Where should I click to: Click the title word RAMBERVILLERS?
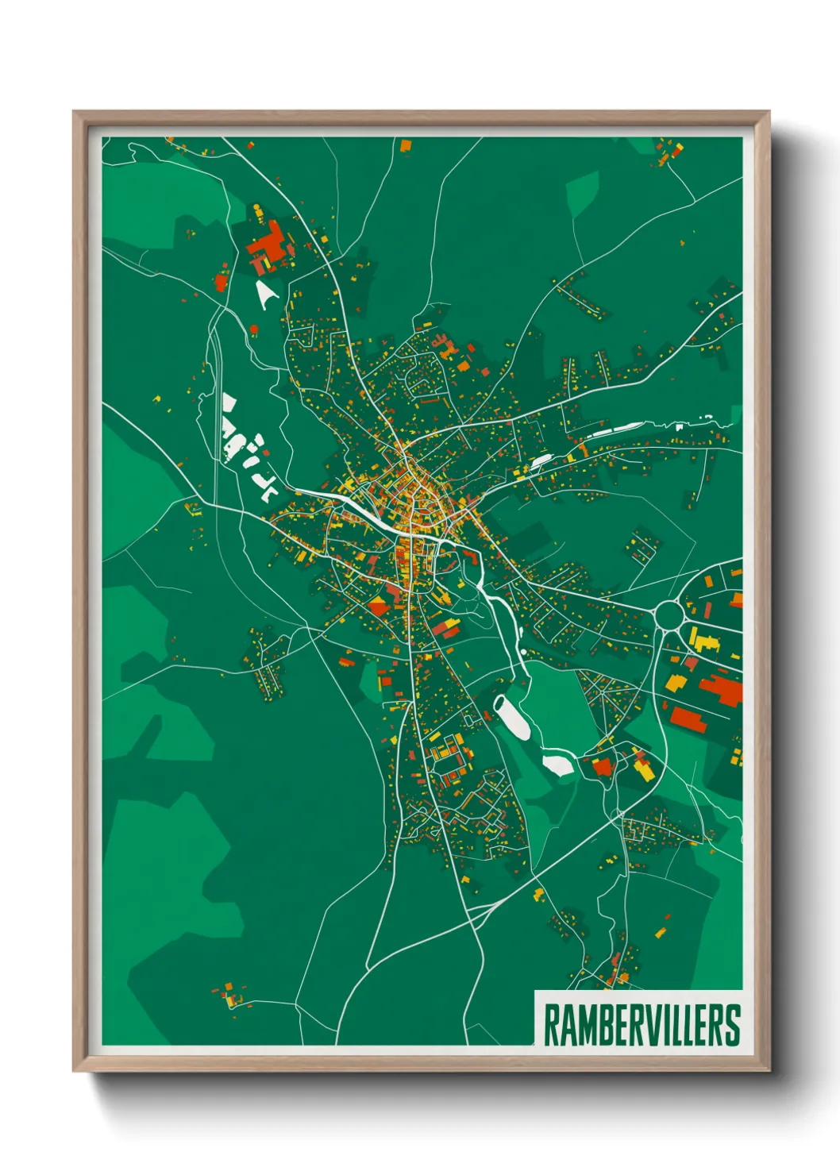point(642,1025)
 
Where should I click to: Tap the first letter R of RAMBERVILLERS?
point(552,1025)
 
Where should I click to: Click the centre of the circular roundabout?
point(669,613)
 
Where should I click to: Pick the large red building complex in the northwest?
point(268,245)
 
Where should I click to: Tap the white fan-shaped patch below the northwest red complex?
point(265,294)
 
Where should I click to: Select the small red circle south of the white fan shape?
point(254,329)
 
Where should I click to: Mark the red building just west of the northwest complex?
point(222,281)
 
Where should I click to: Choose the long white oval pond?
point(511,716)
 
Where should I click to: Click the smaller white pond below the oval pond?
point(557,765)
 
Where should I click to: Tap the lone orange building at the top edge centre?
point(406,146)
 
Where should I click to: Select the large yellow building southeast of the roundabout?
point(703,640)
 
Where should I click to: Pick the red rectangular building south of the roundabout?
point(688,719)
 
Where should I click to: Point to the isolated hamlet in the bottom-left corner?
point(229,995)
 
